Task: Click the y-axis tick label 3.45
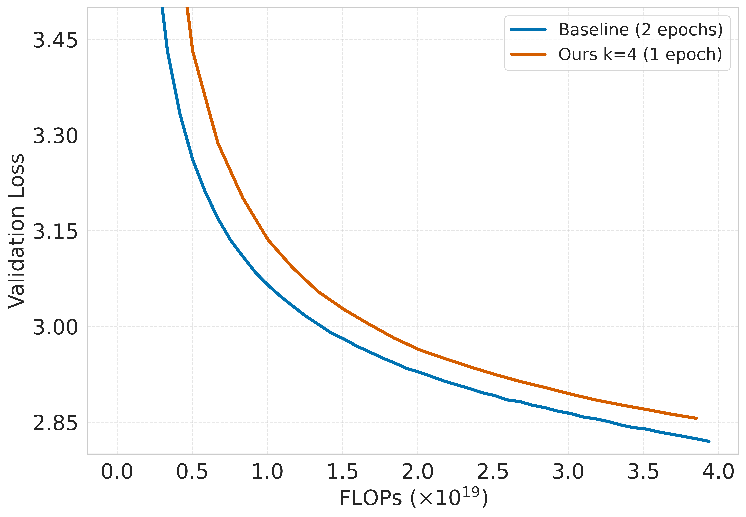[55, 41]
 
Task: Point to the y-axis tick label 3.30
[55, 136]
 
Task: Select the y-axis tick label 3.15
[55, 232]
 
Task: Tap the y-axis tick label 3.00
[55, 327]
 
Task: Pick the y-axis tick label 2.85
[55, 423]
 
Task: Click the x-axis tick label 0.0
[117, 472]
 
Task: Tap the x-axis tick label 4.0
[718, 472]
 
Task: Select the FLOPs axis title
[413, 498]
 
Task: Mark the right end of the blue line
[709, 441]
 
